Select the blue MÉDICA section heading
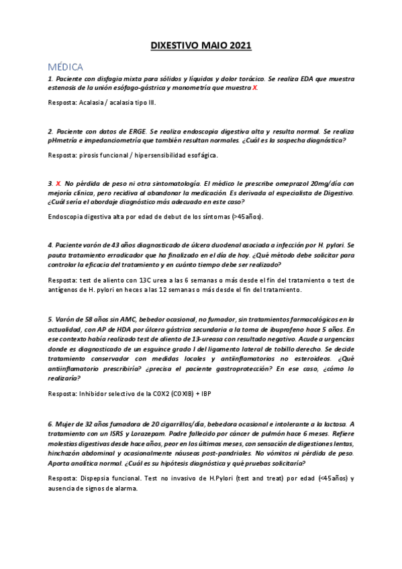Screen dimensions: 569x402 pos(65,67)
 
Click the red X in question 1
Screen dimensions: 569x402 pos(254,89)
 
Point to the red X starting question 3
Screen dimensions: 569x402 pos(59,183)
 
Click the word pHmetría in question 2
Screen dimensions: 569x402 pos(64,140)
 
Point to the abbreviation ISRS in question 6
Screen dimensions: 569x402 pos(124,434)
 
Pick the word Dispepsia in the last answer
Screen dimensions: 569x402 pos(94,478)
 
